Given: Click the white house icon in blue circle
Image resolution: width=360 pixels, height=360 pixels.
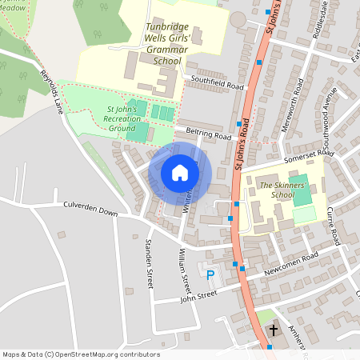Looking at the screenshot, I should tap(180, 173).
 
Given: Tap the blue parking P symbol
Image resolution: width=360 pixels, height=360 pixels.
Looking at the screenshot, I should tap(210, 275).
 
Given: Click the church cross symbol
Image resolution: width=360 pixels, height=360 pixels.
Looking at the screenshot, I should tap(273, 330).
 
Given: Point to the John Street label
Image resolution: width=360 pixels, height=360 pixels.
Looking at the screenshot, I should tap(198, 296).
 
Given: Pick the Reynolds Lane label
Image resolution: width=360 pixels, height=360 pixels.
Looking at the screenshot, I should tap(52, 86).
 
